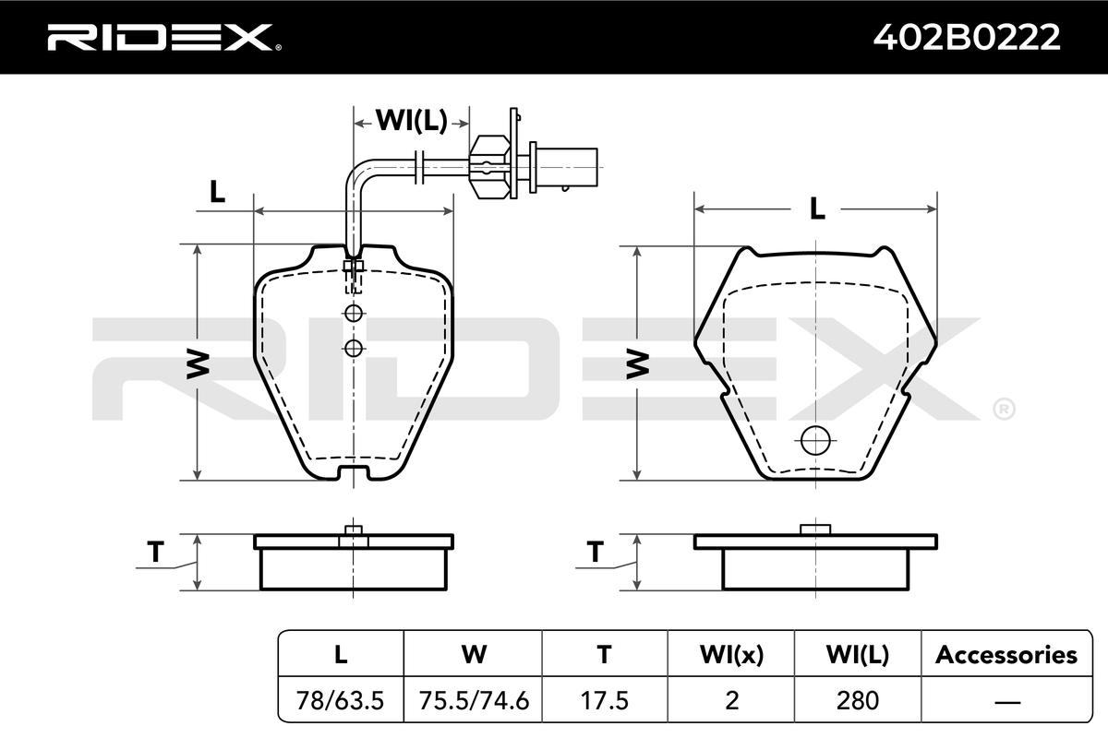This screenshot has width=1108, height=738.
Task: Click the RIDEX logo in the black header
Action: [164, 38]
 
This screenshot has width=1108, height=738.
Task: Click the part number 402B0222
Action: [967, 37]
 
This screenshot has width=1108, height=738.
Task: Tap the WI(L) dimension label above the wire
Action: [412, 120]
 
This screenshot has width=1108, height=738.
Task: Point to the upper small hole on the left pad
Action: [354, 313]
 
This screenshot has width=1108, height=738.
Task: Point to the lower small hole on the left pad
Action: [354, 348]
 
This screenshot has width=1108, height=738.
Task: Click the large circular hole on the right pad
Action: [815, 440]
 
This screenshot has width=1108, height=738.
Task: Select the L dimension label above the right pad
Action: [817, 209]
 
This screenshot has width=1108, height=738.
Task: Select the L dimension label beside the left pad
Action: [217, 192]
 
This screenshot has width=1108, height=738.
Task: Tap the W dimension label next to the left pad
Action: [198, 363]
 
